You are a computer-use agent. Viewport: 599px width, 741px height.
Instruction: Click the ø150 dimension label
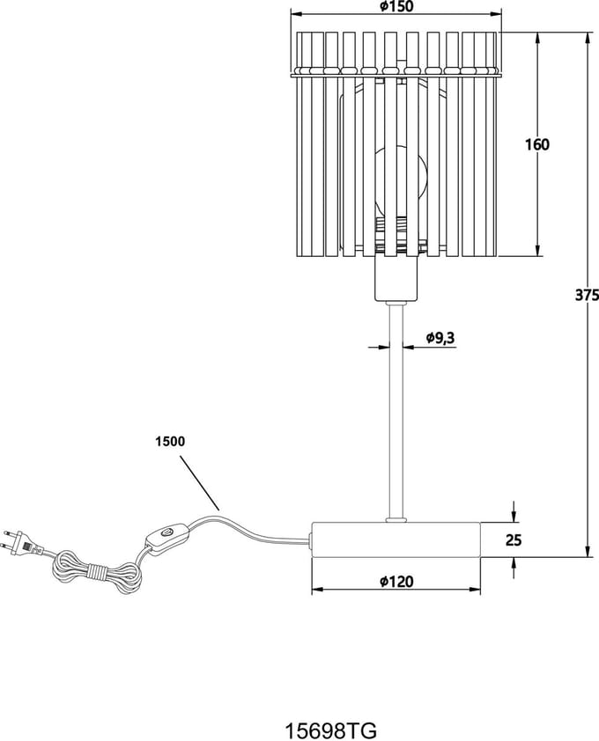tap(396, 6)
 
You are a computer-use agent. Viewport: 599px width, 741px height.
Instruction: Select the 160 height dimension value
tap(537, 144)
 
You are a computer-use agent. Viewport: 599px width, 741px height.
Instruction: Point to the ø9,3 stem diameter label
tap(440, 338)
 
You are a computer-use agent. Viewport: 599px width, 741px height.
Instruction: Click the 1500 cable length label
tap(170, 442)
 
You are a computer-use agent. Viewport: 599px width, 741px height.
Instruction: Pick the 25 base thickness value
tap(514, 539)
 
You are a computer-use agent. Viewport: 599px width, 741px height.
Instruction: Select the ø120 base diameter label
tap(396, 581)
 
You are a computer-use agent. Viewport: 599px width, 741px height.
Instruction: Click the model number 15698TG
tap(330, 730)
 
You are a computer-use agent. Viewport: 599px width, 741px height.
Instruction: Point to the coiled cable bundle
tap(98, 571)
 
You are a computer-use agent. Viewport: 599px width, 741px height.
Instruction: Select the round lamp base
tap(396, 539)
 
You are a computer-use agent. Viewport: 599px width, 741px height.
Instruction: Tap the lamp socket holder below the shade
tap(396, 279)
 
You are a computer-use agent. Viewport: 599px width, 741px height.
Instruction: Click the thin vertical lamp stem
tap(396, 411)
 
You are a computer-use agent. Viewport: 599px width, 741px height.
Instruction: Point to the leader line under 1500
tap(199, 482)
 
